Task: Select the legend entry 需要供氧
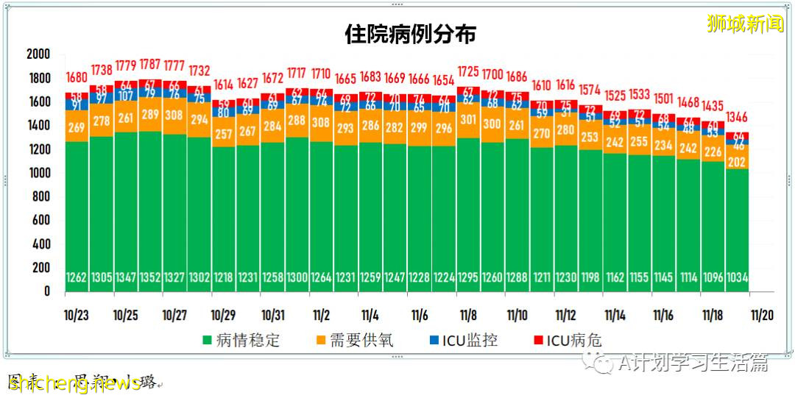tap(357, 341)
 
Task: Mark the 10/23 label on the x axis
tap(77, 316)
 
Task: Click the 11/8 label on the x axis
tap(468, 316)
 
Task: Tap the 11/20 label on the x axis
tap(761, 316)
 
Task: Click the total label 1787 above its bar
tap(150, 71)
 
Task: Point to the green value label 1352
tap(150, 279)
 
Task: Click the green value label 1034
tap(737, 279)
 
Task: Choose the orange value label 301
tap(468, 120)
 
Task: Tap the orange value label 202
tap(737, 163)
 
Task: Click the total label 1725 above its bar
tap(468, 72)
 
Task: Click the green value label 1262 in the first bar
tap(77, 279)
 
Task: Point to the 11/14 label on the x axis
tap(615, 316)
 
